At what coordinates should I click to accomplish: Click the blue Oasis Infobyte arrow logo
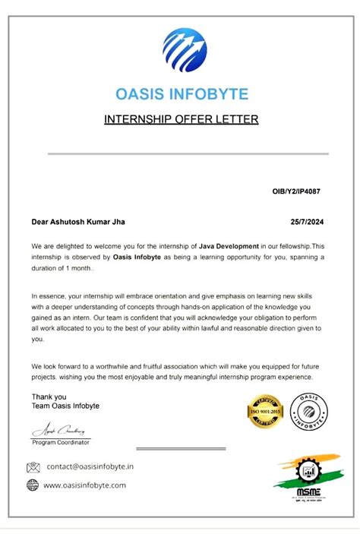coord(185,49)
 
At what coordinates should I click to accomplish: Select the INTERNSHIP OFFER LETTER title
coord(181,119)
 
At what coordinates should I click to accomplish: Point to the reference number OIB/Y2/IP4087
coord(296,191)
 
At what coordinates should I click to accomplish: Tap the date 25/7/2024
coord(307,223)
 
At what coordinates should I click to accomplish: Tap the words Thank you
coord(49,397)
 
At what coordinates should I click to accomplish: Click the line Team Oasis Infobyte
coord(65,406)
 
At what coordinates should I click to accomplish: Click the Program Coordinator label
coord(61,442)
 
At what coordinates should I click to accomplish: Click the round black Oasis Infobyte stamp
coord(309,413)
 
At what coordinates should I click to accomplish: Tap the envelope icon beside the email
coord(33,467)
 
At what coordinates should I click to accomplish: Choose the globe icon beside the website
coord(33,485)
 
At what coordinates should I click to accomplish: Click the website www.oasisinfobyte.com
coord(84,485)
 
